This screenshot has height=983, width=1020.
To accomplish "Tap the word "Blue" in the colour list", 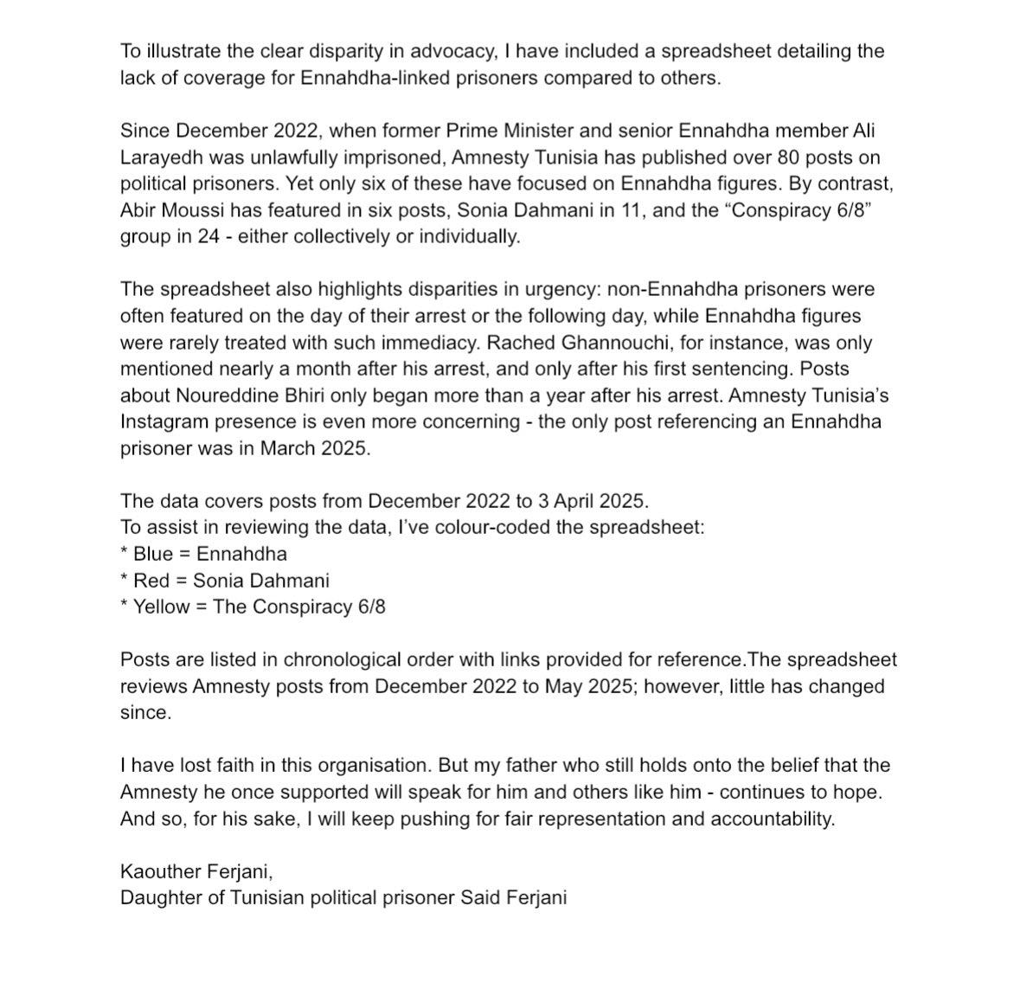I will tap(153, 554).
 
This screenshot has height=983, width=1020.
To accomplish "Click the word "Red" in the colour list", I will tap(151, 580).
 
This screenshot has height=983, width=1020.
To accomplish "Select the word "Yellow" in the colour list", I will tap(161, 607).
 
